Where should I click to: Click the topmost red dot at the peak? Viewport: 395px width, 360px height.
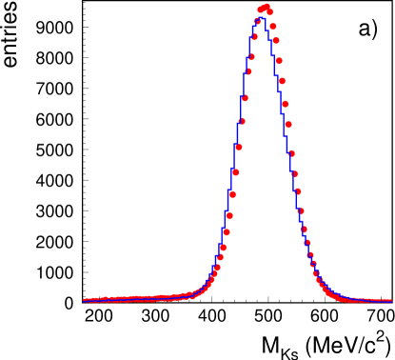point(267,6)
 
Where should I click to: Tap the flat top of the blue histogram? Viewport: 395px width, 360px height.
point(262,18)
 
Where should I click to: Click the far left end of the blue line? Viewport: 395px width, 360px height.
point(85,301)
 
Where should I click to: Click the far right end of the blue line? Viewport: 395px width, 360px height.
point(391,301)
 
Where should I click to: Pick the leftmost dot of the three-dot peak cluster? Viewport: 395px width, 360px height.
point(260,10)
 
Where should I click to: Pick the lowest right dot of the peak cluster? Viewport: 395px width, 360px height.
point(270,12)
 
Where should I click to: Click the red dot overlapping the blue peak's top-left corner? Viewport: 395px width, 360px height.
point(257,21)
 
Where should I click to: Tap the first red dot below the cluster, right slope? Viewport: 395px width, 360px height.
point(273,27)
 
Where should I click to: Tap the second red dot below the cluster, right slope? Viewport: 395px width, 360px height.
point(276,40)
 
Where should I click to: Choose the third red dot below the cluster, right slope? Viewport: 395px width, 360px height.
point(279,61)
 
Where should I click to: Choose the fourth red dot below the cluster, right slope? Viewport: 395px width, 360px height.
point(282,81)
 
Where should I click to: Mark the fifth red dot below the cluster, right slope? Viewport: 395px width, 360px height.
point(285,104)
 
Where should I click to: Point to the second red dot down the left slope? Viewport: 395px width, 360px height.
point(254,37)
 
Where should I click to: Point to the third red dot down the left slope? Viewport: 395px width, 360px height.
point(251,57)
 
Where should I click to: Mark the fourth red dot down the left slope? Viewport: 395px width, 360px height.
point(248,71)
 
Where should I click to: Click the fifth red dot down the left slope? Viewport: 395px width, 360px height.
point(245,98)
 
